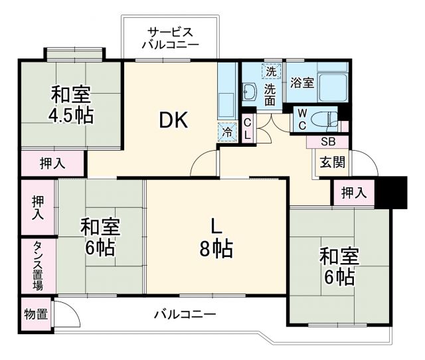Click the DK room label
(x=174, y=120)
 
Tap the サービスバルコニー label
(x=170, y=39)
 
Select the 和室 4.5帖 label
(x=70, y=104)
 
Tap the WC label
(x=301, y=119)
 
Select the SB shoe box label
(x=328, y=141)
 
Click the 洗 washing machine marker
(x=271, y=70)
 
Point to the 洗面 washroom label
(x=271, y=94)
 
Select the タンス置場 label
(x=38, y=266)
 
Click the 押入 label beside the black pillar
(x=354, y=193)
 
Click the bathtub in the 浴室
(x=333, y=86)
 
